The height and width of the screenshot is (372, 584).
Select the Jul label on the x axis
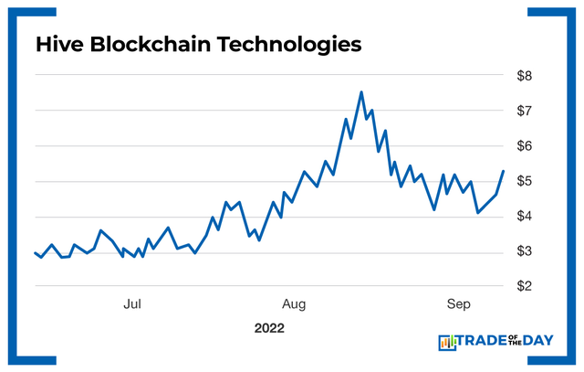pos(132,303)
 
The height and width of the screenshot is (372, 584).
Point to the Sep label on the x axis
pos(457,303)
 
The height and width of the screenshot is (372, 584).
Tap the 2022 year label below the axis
pos(270,327)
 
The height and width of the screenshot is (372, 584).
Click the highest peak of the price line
pos(361,92)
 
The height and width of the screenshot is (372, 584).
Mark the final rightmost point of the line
pos(503,172)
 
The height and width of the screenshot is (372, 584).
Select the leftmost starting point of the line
pos(35,253)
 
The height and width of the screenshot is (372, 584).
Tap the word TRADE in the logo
pos(484,343)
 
